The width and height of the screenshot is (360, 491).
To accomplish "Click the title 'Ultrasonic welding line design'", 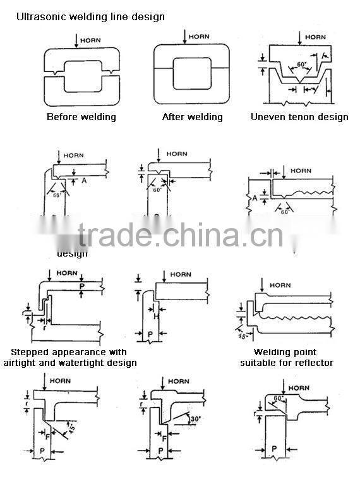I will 90,16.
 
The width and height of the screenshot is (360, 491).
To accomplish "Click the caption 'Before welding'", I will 81,117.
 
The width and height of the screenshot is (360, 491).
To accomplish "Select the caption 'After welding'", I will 192,117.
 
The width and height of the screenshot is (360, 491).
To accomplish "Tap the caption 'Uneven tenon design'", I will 299,117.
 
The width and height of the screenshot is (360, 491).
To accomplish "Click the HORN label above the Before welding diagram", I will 92,37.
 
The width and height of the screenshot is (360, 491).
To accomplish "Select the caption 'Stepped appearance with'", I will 69,352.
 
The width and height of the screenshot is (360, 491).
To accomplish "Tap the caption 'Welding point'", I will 285,352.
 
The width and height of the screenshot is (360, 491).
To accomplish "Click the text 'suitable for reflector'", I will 286,363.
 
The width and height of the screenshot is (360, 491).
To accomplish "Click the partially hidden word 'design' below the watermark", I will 73,253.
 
